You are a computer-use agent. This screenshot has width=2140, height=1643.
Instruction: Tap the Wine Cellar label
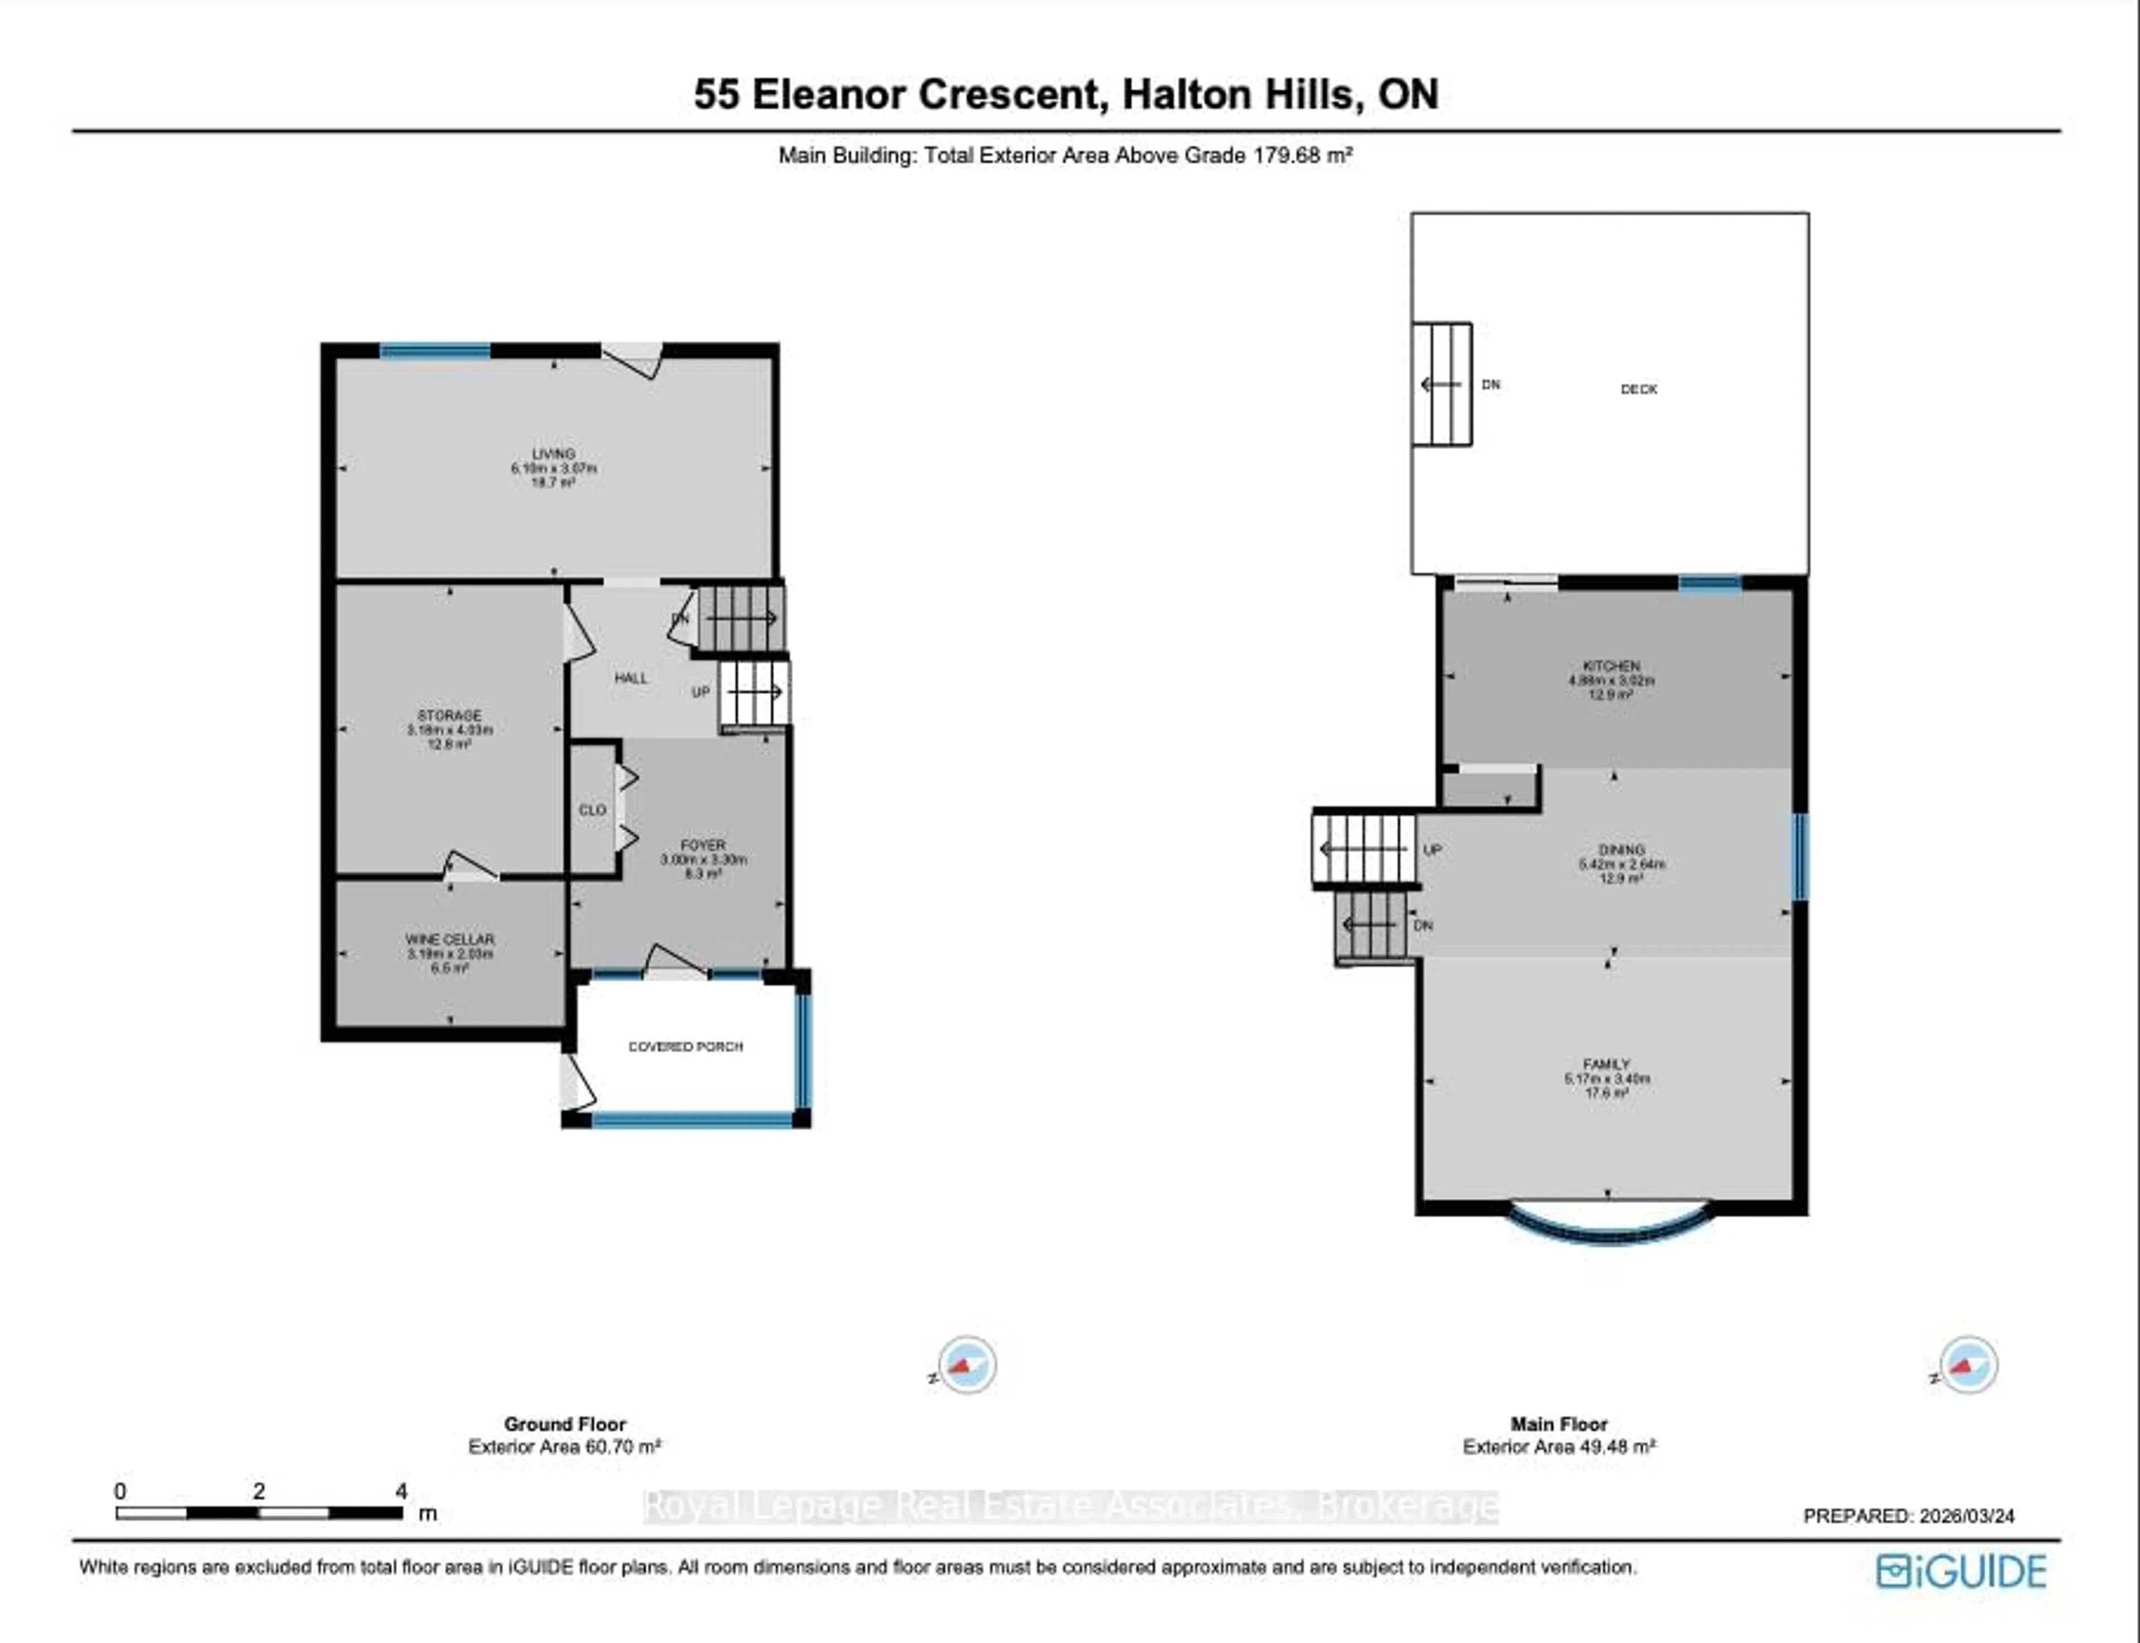(450, 940)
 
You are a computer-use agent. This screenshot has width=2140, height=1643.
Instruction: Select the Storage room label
(450, 716)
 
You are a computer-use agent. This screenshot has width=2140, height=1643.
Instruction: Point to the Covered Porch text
(685, 1047)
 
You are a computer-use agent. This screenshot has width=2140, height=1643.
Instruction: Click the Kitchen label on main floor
(1612, 666)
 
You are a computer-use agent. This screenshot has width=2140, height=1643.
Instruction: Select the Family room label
(1607, 1064)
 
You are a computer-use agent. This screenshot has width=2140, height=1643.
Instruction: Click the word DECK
(1639, 389)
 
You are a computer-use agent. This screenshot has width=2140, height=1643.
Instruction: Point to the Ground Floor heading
(565, 1424)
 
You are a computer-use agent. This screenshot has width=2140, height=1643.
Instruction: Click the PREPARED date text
(1908, 1516)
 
